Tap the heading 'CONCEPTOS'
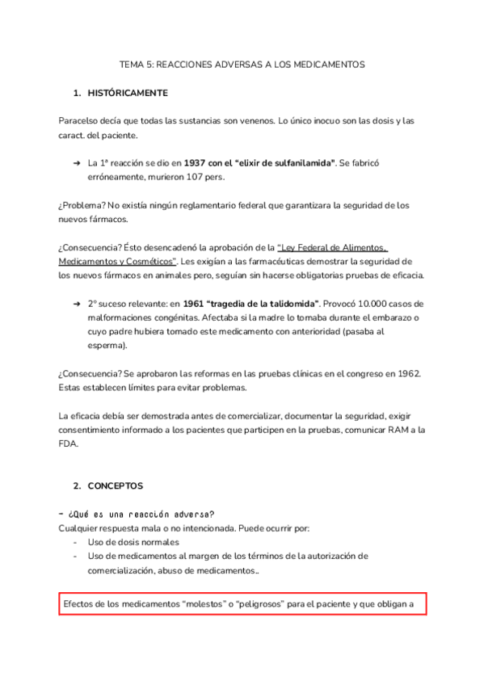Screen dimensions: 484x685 coord(116,486)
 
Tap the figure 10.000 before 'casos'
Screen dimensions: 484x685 coord(370,304)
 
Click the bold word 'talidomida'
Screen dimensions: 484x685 coord(289,304)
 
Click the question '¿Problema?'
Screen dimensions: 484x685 coord(82,205)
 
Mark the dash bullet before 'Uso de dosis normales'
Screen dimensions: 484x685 coord(76,542)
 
